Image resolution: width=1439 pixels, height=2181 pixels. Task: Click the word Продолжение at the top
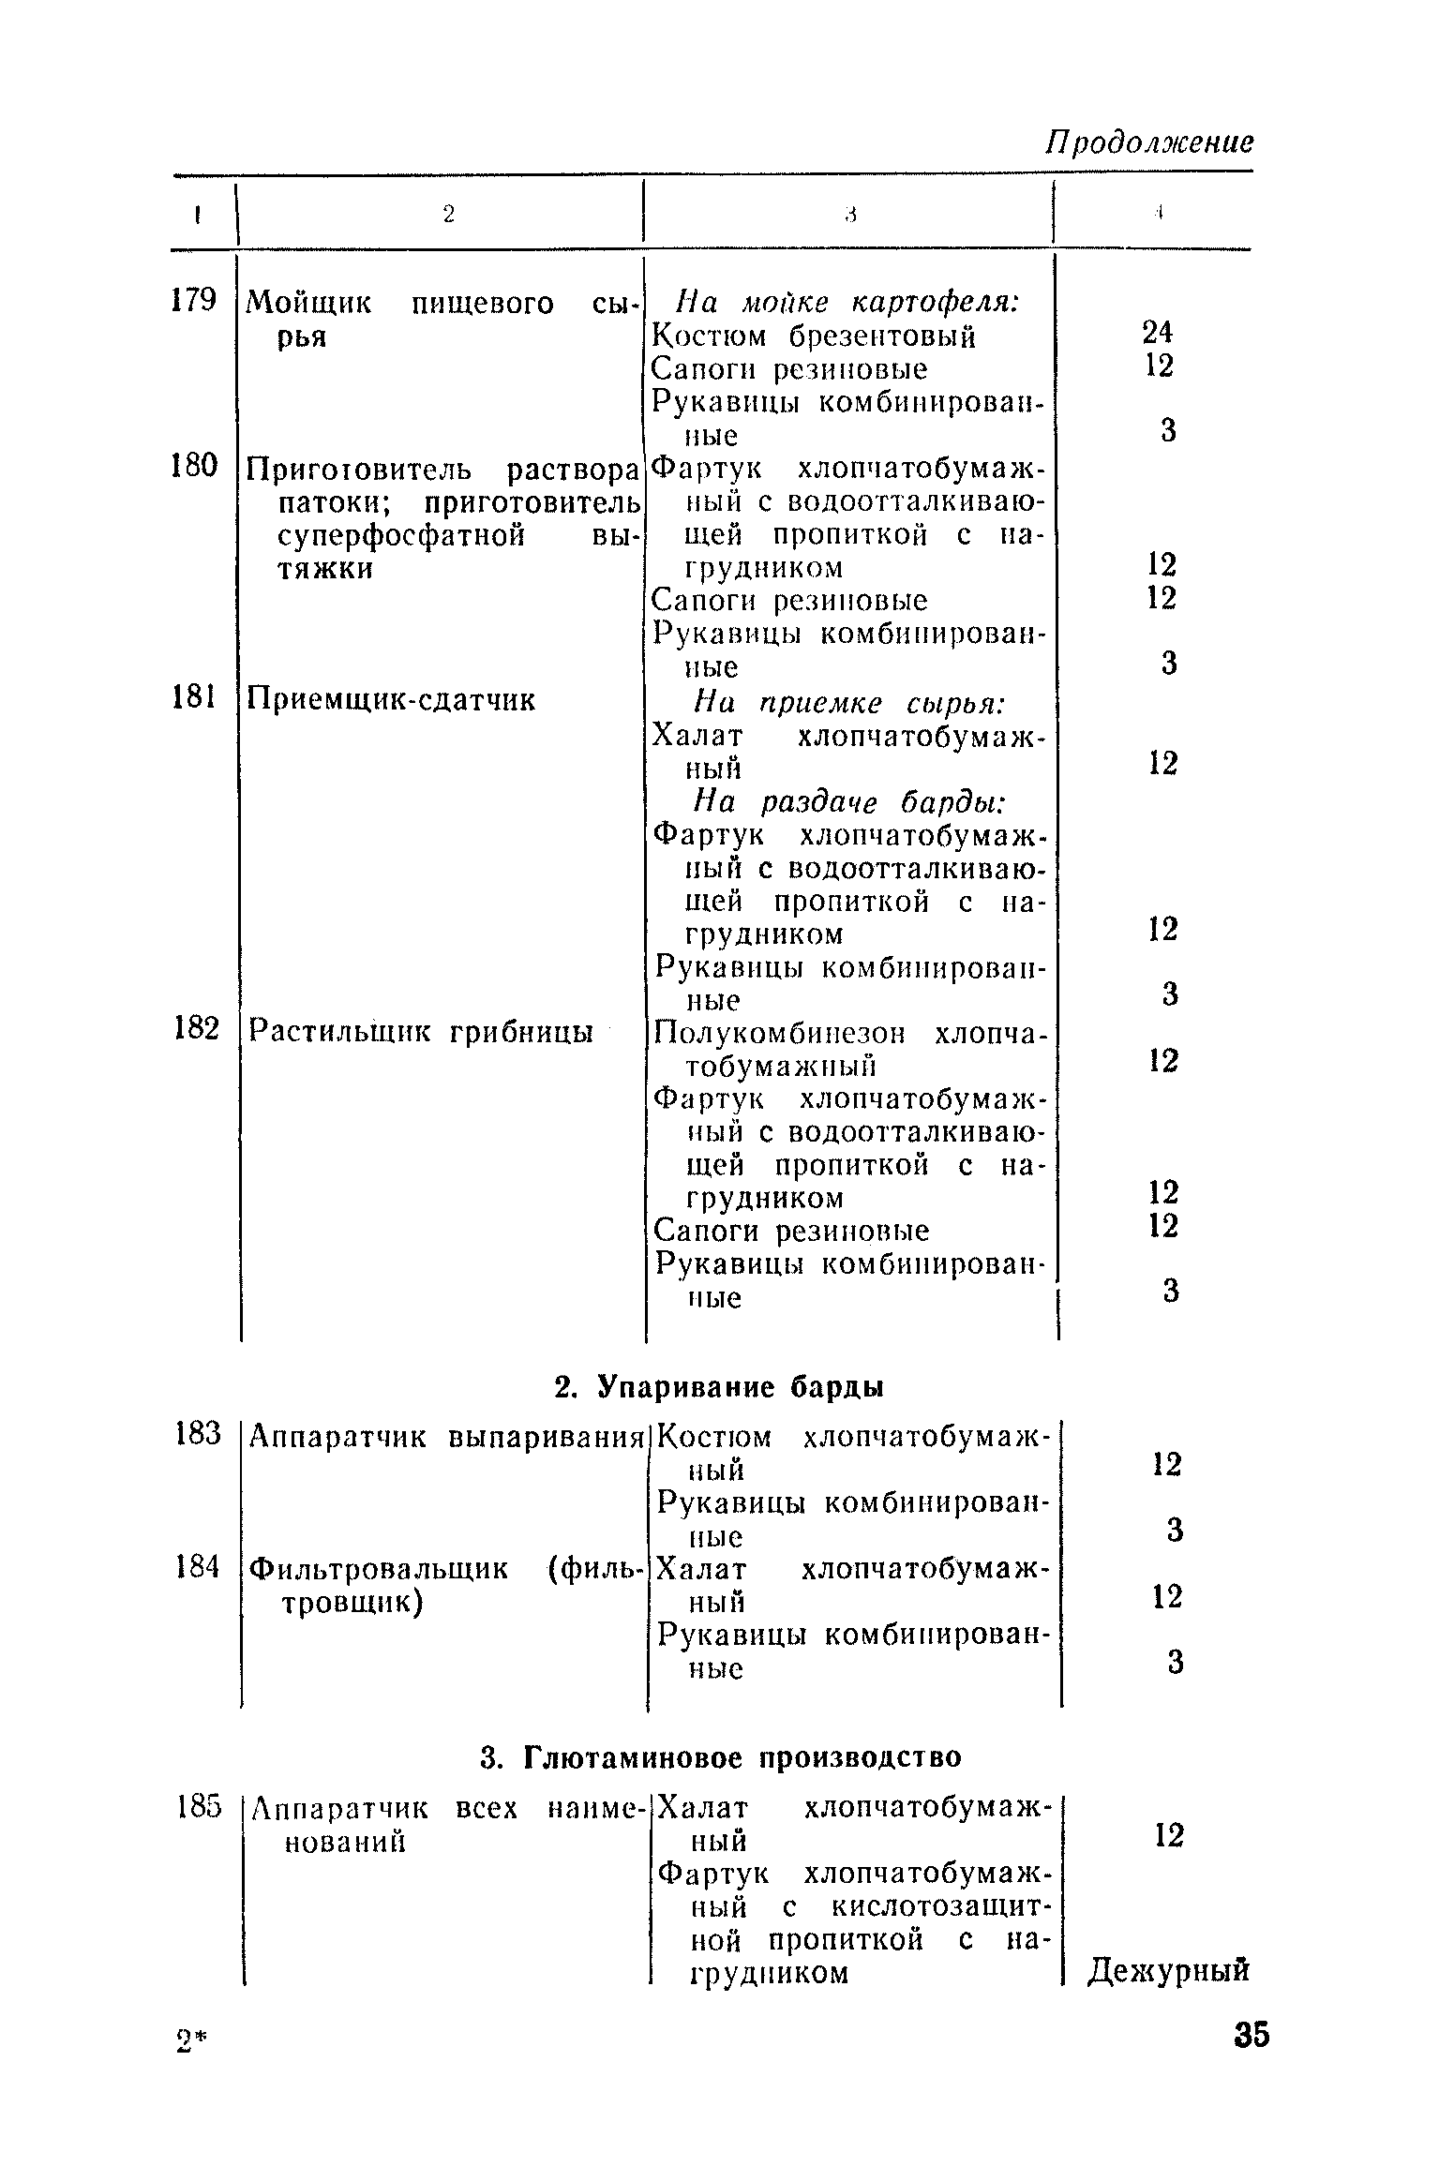[1148, 142]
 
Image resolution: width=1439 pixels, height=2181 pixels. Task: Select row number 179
[194, 301]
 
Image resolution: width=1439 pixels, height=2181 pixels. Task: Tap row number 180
[194, 465]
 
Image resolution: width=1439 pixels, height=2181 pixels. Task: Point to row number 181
[194, 698]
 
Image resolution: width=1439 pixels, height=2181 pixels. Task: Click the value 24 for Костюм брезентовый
[1158, 333]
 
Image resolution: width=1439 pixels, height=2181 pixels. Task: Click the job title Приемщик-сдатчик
[391, 700]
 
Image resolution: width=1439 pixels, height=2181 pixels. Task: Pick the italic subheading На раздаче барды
[849, 802]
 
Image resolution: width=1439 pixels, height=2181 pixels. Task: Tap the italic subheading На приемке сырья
[849, 703]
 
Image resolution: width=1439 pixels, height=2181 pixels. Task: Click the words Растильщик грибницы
[420, 1032]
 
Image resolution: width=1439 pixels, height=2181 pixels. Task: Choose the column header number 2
[448, 215]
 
